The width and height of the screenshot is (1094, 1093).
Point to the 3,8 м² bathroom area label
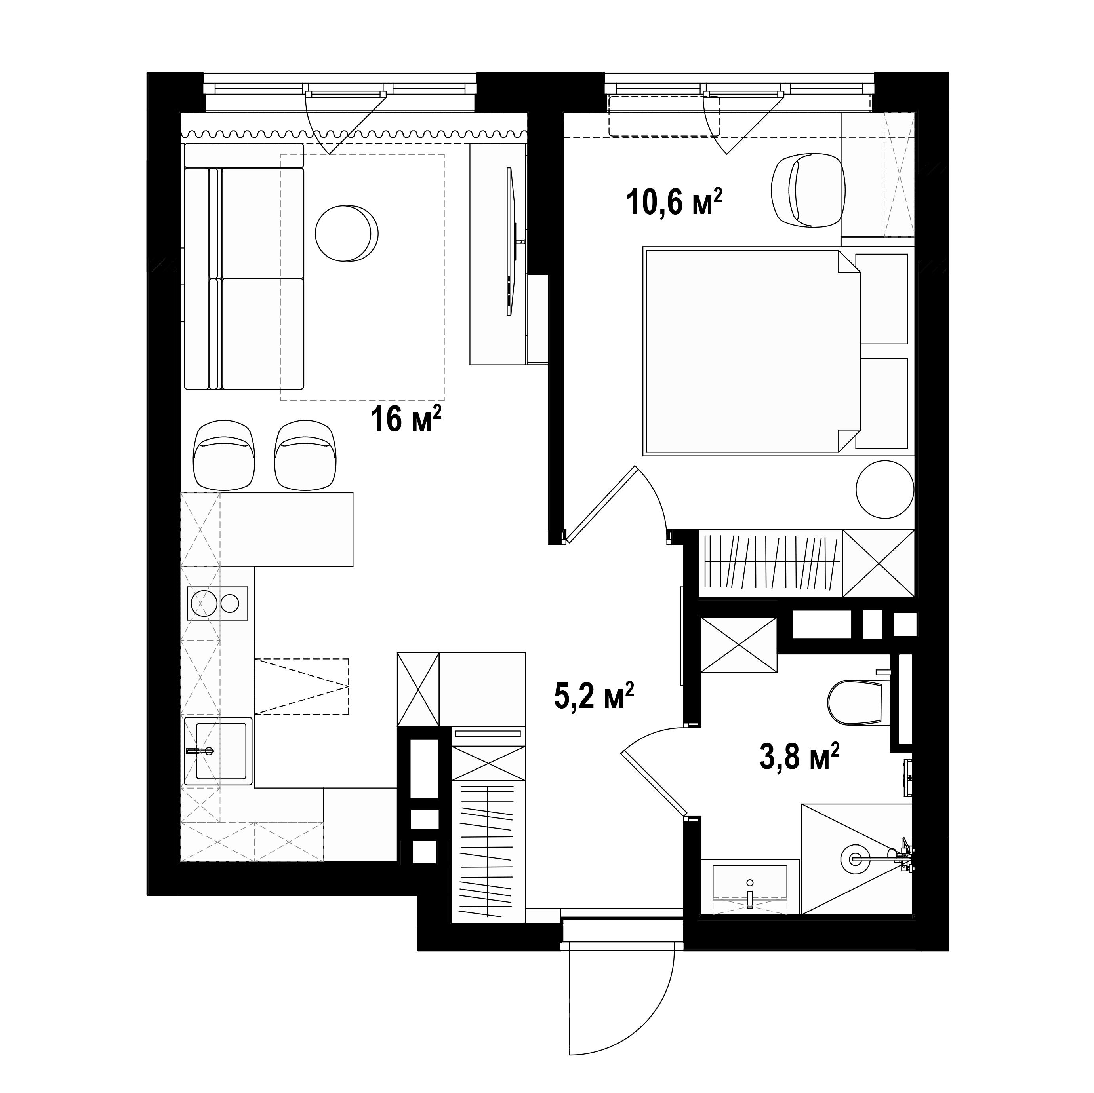tap(799, 757)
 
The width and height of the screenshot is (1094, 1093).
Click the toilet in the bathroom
tap(856, 702)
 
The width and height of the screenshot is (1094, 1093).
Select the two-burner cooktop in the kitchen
tap(217, 603)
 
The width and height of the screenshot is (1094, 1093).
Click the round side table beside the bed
tap(885, 489)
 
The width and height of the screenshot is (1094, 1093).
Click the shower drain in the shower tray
tap(852, 858)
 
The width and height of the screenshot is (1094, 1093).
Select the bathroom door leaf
tap(654, 783)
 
